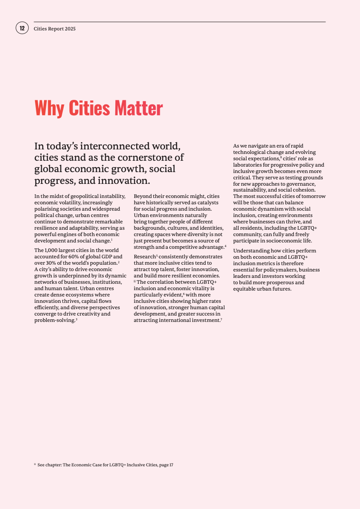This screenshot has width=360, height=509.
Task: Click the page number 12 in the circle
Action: click(22, 28)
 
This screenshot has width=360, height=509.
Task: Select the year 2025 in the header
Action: click(70, 29)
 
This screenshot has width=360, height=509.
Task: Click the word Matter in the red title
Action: click(138, 108)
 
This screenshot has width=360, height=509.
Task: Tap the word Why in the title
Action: click(50, 108)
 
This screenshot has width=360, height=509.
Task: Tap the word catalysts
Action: click(206, 202)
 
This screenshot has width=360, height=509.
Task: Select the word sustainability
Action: click(251, 190)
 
